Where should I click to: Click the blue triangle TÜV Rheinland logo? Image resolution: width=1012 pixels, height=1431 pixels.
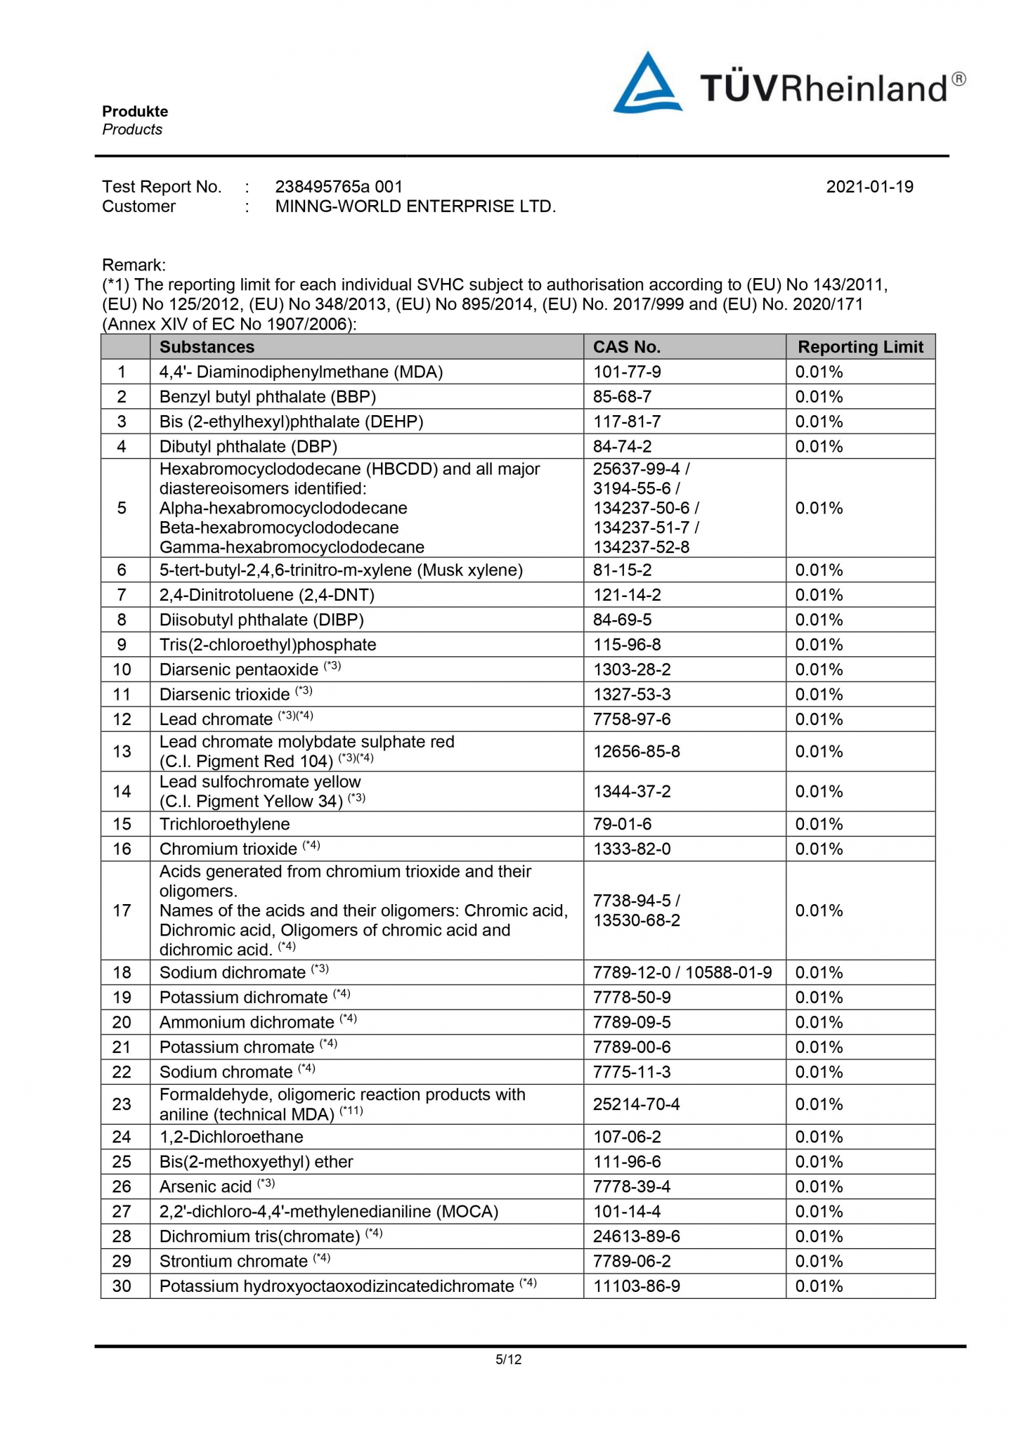(x=647, y=84)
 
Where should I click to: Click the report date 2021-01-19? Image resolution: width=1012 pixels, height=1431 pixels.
(x=869, y=187)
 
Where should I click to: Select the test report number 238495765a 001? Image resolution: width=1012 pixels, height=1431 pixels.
(x=339, y=187)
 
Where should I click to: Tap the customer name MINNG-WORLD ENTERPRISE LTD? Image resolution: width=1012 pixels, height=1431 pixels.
(x=415, y=207)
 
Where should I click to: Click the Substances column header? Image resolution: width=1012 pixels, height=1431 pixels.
(x=207, y=347)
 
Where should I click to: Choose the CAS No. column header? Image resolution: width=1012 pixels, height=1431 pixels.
(x=626, y=347)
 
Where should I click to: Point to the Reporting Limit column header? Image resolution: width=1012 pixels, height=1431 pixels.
(x=860, y=347)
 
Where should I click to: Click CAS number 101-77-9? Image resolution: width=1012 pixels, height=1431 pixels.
(x=627, y=372)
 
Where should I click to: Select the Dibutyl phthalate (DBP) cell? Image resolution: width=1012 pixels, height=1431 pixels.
(x=248, y=447)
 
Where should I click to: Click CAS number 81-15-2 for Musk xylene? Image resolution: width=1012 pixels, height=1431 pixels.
(x=622, y=570)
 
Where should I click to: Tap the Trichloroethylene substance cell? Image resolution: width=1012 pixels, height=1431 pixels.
(x=224, y=824)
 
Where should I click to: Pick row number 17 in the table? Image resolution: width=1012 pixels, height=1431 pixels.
(x=122, y=910)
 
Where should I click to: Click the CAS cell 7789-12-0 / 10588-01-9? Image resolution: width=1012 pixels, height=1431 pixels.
(x=682, y=973)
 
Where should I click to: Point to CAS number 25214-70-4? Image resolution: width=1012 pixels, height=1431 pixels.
(x=636, y=1104)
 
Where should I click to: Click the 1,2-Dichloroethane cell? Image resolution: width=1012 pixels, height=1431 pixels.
(x=231, y=1137)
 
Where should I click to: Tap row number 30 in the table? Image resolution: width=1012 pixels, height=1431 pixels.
(x=122, y=1286)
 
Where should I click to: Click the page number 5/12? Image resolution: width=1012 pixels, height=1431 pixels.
(x=508, y=1359)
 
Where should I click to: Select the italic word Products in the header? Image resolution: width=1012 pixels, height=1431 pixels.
(x=132, y=130)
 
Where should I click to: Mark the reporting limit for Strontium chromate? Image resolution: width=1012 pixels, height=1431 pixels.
(x=819, y=1261)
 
